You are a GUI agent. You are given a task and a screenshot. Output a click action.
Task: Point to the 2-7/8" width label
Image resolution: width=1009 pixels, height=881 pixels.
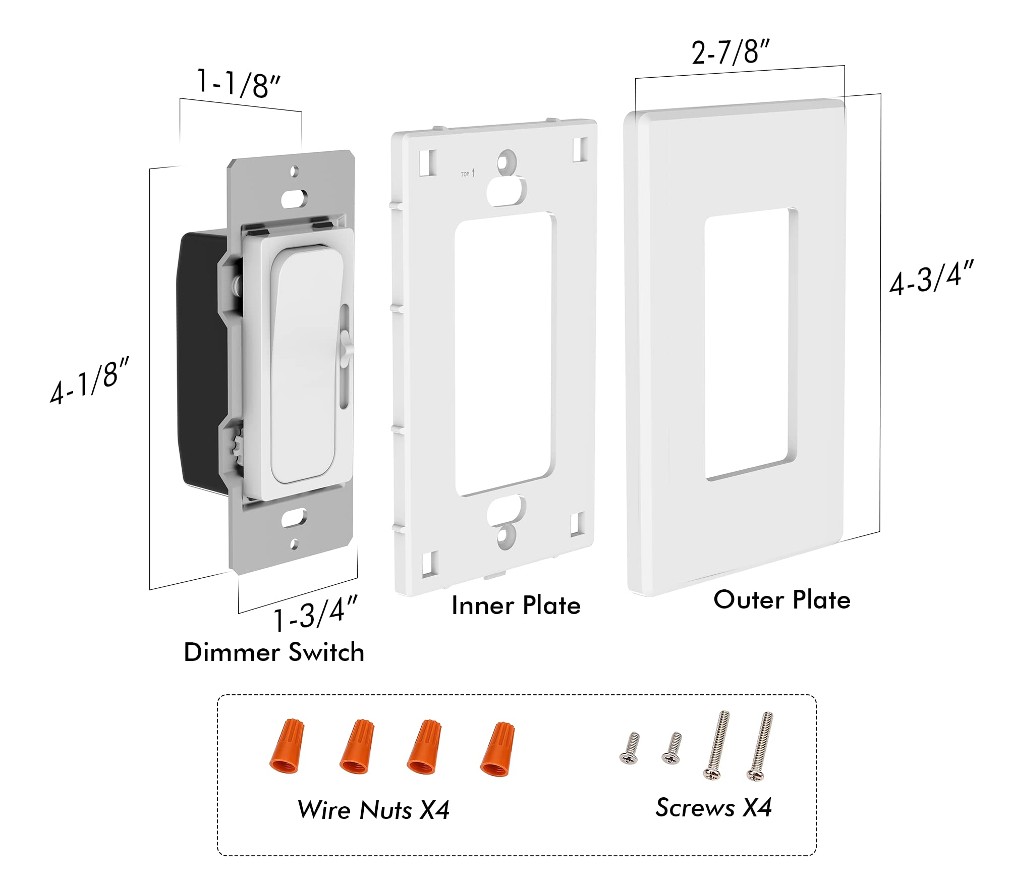click(730, 52)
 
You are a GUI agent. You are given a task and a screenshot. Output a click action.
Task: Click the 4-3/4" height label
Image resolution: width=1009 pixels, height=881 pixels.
click(931, 278)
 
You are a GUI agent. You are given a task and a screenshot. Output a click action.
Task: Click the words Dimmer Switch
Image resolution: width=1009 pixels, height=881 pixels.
click(274, 652)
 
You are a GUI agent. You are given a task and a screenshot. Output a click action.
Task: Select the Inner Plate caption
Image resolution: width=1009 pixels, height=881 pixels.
click(516, 605)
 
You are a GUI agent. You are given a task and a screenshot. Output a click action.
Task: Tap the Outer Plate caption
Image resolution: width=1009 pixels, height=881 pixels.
click(781, 600)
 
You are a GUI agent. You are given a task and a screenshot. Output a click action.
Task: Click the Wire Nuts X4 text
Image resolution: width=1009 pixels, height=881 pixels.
click(373, 810)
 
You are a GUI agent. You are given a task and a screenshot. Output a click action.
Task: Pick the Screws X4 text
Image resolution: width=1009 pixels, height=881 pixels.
click(713, 807)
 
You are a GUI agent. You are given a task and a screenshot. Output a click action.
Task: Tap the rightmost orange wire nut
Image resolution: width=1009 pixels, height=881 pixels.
click(497, 749)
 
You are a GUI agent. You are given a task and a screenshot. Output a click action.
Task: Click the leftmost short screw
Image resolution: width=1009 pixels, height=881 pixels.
click(630, 748)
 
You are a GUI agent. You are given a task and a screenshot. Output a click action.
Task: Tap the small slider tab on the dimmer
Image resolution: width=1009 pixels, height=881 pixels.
click(346, 343)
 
